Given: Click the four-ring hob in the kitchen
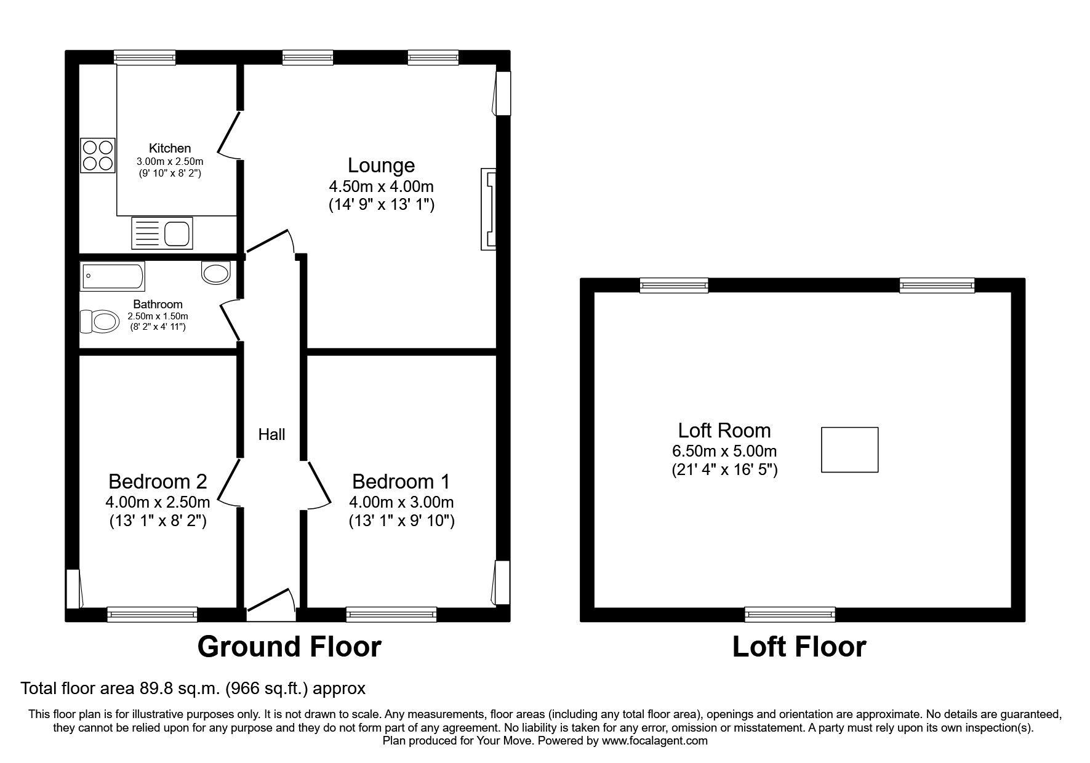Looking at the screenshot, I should [x=98, y=155].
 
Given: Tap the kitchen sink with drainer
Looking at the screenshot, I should [x=162, y=233].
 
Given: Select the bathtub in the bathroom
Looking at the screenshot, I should [x=113, y=276].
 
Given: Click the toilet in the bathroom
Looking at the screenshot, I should [x=99, y=321].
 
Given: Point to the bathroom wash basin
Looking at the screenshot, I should [x=215, y=272].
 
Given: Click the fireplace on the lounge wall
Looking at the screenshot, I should [x=489, y=209].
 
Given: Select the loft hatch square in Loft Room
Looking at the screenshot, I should [x=849, y=450].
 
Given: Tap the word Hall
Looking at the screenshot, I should [x=271, y=435].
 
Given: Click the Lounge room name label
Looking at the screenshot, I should [x=381, y=165].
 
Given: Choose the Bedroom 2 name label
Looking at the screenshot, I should [x=158, y=481].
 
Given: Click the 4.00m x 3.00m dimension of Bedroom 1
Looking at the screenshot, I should [x=401, y=501].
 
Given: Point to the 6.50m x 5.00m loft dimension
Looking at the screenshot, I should [x=724, y=450].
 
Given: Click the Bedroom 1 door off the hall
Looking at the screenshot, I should [x=318, y=486].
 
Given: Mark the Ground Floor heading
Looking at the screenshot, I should [x=289, y=647].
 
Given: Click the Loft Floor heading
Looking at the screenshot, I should [x=799, y=647].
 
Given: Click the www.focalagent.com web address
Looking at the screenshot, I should [x=654, y=741].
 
